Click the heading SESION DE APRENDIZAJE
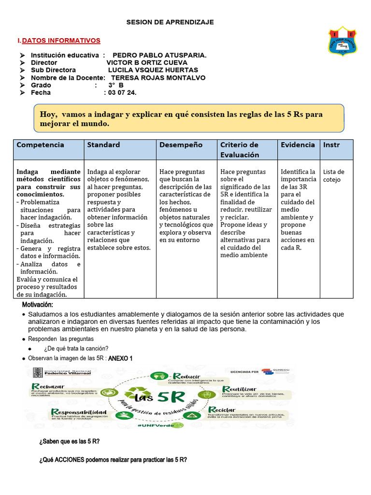coord(170,22)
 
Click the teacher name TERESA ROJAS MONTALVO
coord(158,78)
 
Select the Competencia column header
coord(41,145)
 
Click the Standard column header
coord(103,145)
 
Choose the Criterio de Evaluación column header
coord(240,150)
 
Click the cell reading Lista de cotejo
coord(334,175)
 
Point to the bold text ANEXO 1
coord(120,358)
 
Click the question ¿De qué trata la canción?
coord(76,349)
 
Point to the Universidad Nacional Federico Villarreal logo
coord(63,372)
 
